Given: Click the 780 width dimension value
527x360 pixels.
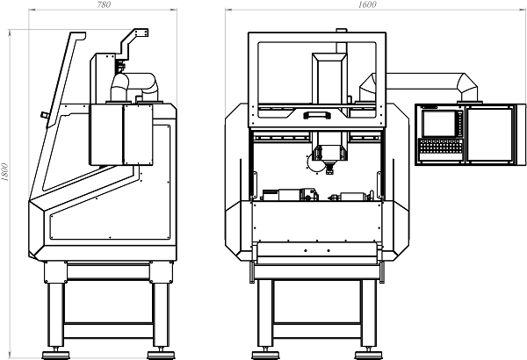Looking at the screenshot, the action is [104, 4].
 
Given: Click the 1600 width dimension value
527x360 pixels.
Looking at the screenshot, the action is [367, 4].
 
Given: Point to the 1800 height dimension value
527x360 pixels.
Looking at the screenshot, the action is [4, 172].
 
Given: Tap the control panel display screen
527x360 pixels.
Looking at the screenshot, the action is [438, 123].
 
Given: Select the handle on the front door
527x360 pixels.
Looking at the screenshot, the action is [317, 115].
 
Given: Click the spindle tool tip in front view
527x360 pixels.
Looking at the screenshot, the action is [329, 172].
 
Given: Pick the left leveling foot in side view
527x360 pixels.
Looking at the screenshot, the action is [56, 354].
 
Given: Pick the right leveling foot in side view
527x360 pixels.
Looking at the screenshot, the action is [161, 354].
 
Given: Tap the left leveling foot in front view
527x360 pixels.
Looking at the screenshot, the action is [265, 354].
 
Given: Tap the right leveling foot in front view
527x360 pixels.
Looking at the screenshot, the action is [369, 354].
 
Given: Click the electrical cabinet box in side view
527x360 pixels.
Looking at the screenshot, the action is [121, 134].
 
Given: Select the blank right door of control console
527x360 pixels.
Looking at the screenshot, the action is [490, 134].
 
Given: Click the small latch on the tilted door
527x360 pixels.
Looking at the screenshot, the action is [45, 115].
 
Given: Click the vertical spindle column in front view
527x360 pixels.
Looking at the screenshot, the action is [329, 101].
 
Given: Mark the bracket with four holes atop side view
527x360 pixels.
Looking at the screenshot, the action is [141, 32].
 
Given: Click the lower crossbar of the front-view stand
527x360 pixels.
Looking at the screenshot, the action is [317, 330].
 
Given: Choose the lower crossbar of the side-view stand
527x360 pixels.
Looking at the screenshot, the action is [108, 330].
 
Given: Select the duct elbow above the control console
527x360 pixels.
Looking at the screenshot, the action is [467, 87].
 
